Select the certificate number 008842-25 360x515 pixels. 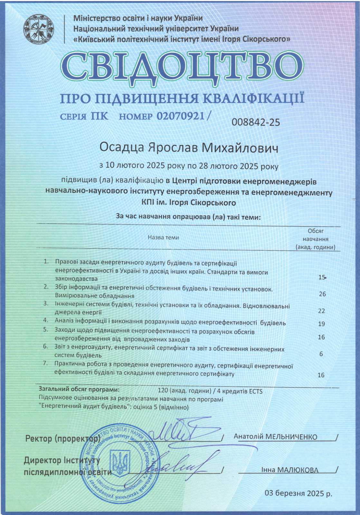click(256, 122)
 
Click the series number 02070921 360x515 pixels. click(181, 116)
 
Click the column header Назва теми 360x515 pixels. click(163, 238)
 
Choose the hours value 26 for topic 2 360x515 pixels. click(322, 294)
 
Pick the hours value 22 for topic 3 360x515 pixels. click(321, 311)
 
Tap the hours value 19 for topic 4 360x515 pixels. click(321, 324)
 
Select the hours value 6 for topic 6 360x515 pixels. click(321, 354)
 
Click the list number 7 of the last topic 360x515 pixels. click(46, 363)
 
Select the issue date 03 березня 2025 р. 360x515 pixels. click(298, 493)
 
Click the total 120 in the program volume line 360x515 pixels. click(163, 391)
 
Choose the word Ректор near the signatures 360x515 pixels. click(38, 438)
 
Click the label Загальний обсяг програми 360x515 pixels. click(79, 389)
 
